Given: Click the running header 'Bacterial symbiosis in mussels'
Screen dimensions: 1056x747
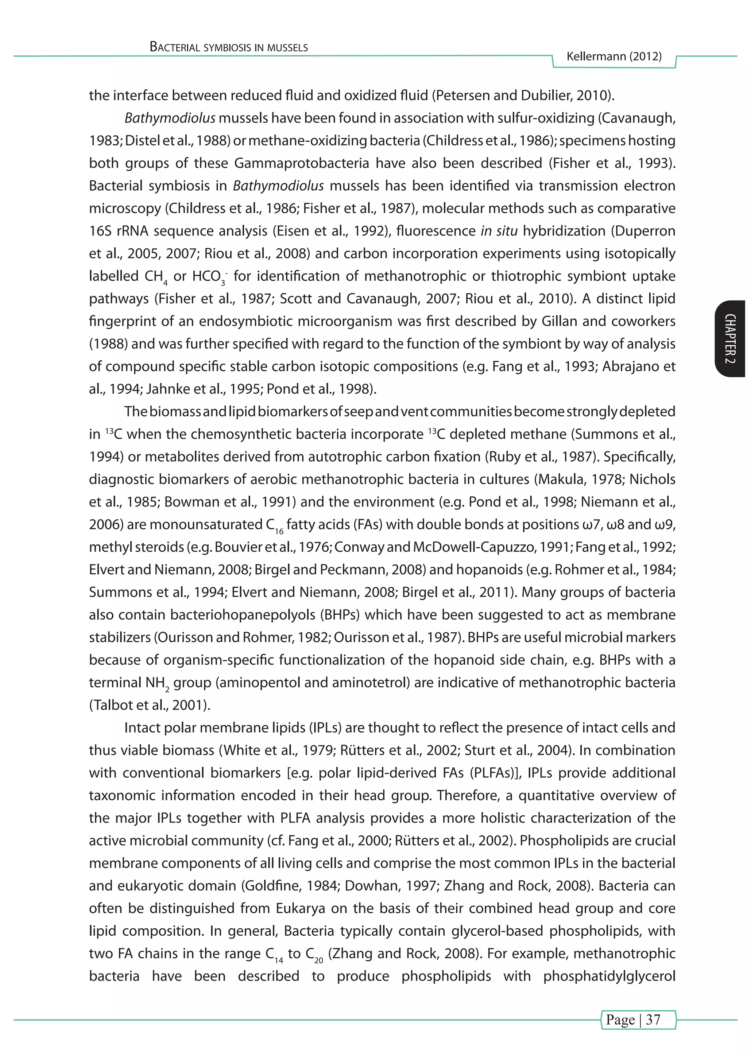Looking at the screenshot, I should click(229, 47).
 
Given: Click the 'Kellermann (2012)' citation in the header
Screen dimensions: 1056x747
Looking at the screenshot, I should click(614, 57).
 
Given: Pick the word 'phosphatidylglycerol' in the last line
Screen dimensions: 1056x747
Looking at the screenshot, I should click(609, 976).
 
